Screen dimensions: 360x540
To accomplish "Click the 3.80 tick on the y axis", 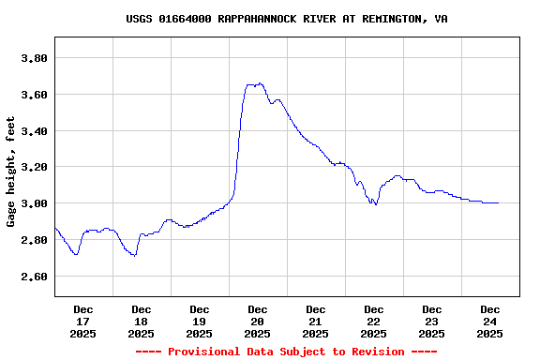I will (34, 58).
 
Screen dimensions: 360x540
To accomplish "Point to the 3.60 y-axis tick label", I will (34, 95).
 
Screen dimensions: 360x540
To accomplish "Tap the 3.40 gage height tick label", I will (34, 131).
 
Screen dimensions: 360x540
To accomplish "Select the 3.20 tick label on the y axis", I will (34, 167).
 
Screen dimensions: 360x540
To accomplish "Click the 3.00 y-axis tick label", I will (34, 203).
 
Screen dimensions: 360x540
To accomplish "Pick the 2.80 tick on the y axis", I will (34, 240).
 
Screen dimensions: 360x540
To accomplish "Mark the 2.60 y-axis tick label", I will (34, 277).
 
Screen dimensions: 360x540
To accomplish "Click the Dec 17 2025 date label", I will (83, 321).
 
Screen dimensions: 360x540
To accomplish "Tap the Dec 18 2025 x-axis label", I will (142, 321).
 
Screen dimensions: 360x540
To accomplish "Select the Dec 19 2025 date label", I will (200, 321).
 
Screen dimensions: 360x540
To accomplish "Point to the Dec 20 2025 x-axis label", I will (258, 321).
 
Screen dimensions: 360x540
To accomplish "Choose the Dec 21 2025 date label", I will (316, 321).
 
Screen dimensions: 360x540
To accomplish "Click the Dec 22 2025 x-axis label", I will (374, 321).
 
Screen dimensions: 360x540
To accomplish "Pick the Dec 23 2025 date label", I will (432, 321).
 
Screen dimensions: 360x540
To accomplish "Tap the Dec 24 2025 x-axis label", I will (490, 321).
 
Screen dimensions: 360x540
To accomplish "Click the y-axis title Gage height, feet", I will (11, 172).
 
